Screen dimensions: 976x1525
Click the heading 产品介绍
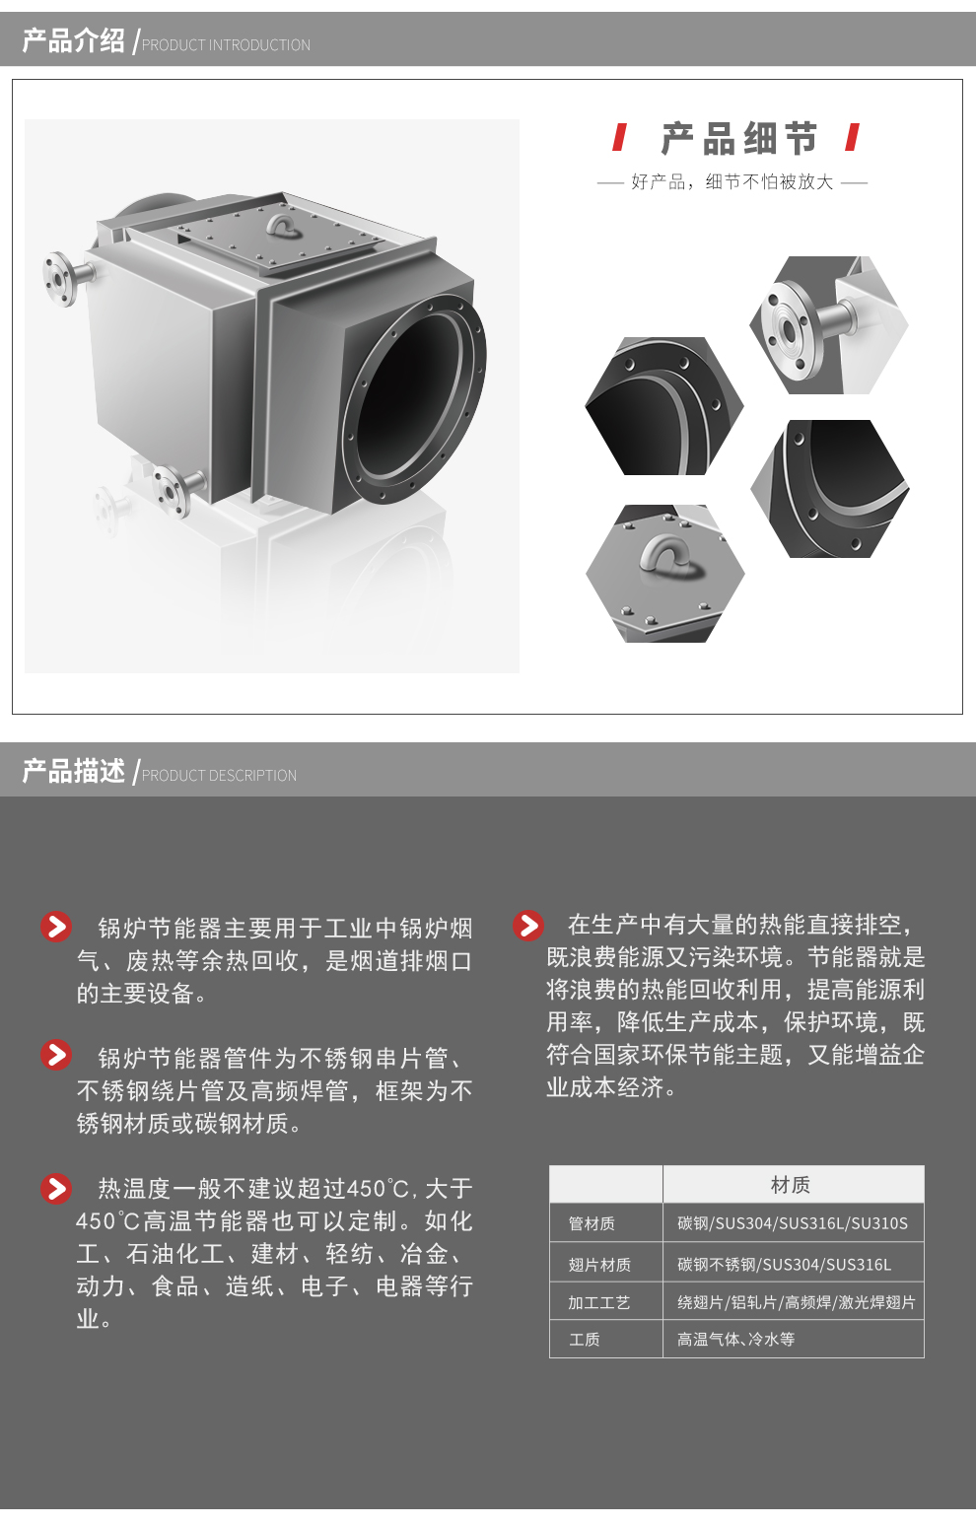click(x=74, y=40)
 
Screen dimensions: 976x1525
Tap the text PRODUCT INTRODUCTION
click(x=226, y=45)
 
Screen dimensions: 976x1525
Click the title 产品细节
click(x=739, y=139)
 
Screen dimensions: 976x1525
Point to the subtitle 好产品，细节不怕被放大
click(x=732, y=181)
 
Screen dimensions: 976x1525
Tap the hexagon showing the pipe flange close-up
click(x=829, y=324)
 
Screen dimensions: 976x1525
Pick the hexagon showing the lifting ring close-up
click(x=664, y=574)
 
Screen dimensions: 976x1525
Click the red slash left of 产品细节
click(x=620, y=138)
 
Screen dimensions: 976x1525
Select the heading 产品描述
click(x=74, y=771)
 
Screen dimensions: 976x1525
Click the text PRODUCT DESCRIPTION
click(x=219, y=776)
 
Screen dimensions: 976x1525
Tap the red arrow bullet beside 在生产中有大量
click(x=528, y=926)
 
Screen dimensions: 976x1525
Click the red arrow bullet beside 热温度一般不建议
click(x=56, y=1189)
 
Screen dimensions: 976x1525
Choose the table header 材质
click(x=791, y=1185)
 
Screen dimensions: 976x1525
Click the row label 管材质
click(x=592, y=1223)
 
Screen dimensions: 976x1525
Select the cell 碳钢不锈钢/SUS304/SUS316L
click(x=784, y=1264)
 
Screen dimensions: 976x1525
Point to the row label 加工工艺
click(x=599, y=1302)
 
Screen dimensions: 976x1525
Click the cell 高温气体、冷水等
click(x=735, y=1339)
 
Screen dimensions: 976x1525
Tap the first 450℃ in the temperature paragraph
click(x=378, y=1189)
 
